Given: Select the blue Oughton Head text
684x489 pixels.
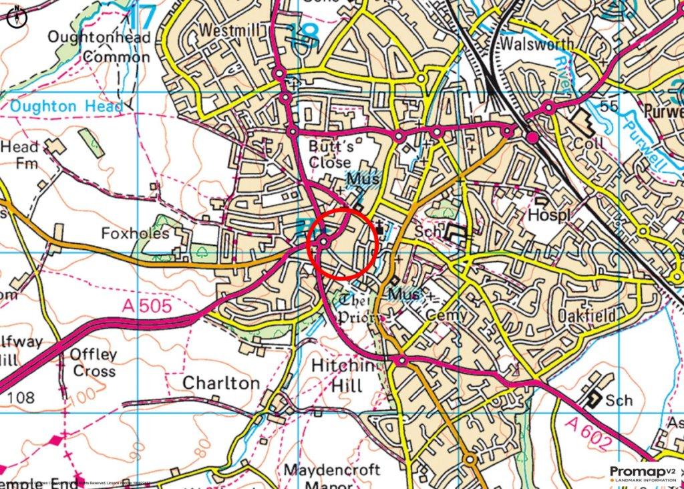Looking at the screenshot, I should (x=66, y=106).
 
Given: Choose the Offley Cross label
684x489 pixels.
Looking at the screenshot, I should (x=94, y=362).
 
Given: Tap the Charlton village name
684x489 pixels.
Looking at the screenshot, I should (x=221, y=383).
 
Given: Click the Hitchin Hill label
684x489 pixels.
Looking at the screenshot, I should (x=337, y=376).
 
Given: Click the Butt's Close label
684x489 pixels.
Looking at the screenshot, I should (x=330, y=154).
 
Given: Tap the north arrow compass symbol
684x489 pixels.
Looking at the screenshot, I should (x=15, y=17).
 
